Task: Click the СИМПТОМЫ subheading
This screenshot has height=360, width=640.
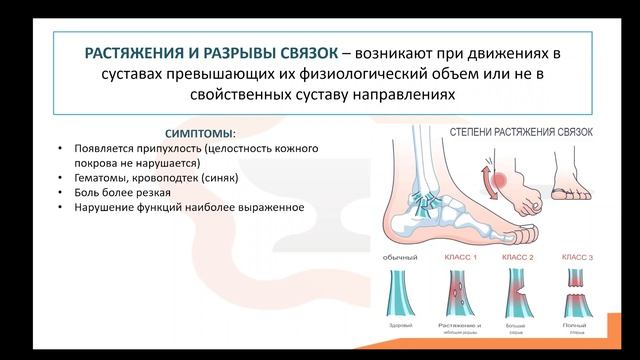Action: point(200,133)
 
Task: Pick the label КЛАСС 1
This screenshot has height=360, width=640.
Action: point(460,258)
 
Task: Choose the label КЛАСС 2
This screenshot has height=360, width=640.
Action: point(516,258)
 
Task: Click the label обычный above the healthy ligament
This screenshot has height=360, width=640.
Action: point(402,258)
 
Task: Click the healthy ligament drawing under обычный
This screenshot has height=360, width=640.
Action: point(401,291)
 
